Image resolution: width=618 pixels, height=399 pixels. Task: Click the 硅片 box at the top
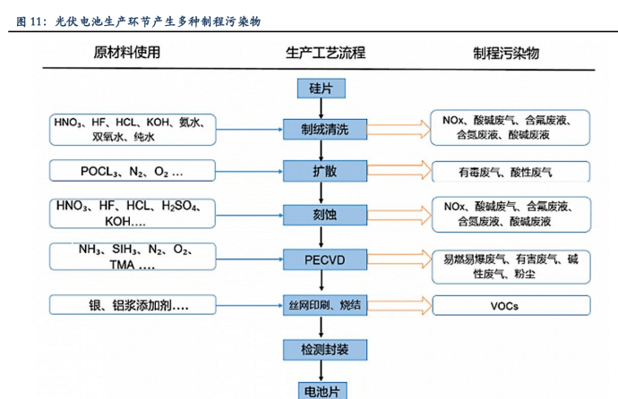coord(320,89)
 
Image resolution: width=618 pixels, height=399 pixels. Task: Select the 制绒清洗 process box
coord(320,130)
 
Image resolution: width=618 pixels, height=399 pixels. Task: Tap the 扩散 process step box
coord(320,170)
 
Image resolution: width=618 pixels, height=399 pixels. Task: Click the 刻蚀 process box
coord(320,214)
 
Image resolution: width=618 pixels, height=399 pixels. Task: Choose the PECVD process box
coord(320,260)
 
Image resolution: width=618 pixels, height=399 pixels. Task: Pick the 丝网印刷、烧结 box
coord(320,305)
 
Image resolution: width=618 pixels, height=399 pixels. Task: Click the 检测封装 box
coord(320,347)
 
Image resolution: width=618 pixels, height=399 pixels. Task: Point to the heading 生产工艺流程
coord(320,53)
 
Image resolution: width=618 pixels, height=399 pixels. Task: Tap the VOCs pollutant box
coord(511,305)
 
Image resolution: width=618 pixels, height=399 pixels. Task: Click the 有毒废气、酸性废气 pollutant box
coord(511,171)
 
